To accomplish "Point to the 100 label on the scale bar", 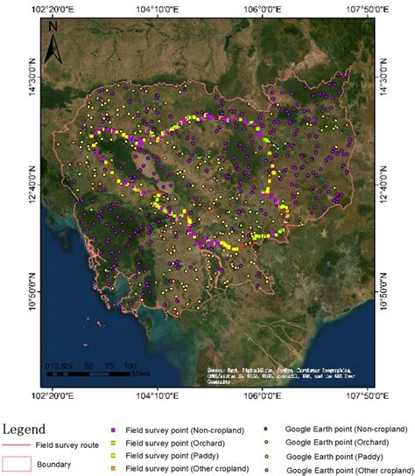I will (129, 366).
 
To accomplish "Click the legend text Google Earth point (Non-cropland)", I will (346, 429).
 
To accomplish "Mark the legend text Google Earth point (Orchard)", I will (334, 443).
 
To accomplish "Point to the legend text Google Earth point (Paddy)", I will (331, 457).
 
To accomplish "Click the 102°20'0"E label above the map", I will (53, 8).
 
